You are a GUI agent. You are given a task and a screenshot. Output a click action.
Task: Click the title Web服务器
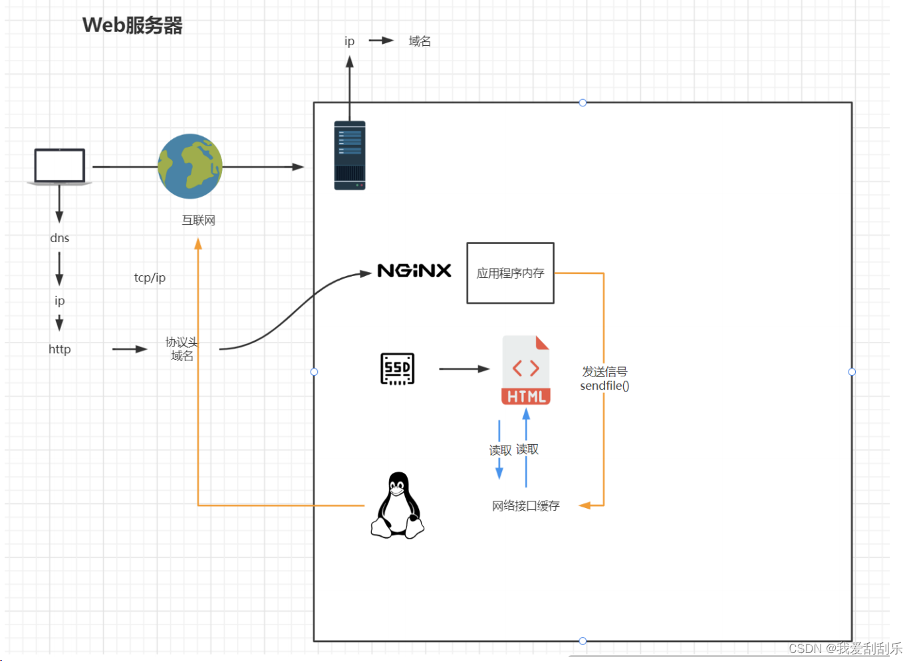(x=132, y=25)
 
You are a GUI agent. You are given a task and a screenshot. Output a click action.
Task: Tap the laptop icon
(x=60, y=166)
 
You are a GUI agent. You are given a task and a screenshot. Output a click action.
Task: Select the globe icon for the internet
(x=190, y=166)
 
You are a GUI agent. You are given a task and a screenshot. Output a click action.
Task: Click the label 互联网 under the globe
(x=198, y=220)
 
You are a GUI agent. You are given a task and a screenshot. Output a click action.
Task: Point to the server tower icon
(x=350, y=156)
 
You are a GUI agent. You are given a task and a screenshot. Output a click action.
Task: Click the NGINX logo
(x=414, y=271)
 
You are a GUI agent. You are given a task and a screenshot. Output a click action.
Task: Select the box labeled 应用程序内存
(x=510, y=273)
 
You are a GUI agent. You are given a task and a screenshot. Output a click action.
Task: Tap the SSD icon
(x=397, y=368)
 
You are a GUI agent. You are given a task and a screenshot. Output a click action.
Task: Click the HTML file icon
(x=525, y=370)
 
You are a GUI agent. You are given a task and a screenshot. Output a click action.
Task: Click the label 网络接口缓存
(x=525, y=506)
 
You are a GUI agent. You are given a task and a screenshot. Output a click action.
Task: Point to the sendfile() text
(x=604, y=386)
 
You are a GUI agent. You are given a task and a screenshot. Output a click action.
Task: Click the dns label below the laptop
(x=59, y=238)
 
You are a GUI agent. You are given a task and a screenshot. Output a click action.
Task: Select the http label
(x=59, y=349)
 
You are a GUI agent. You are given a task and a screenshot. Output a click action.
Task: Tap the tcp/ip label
(x=150, y=278)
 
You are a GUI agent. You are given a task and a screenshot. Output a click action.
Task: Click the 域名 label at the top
(x=420, y=41)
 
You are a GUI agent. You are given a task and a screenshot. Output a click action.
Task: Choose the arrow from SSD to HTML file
(x=464, y=368)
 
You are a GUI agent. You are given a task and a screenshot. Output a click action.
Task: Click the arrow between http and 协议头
(x=130, y=348)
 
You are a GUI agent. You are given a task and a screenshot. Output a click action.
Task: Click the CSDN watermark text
(x=845, y=648)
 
